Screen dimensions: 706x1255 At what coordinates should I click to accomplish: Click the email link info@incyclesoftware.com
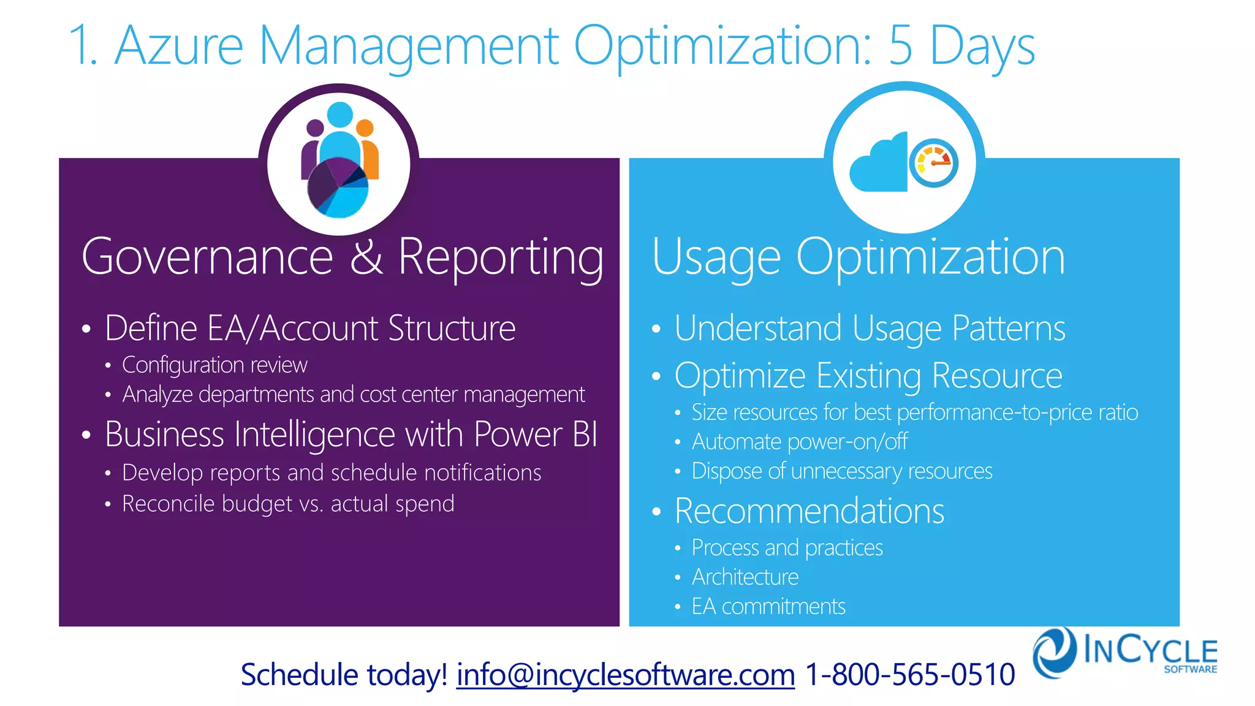[625, 675]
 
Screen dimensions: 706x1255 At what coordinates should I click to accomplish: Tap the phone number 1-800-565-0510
[909, 675]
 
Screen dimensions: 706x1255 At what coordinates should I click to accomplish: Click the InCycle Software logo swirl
[1054, 652]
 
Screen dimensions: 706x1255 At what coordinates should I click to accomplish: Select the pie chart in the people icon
[338, 188]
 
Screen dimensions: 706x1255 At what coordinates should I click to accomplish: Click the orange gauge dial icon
[933, 163]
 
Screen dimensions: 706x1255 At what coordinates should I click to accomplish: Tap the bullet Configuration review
[214, 365]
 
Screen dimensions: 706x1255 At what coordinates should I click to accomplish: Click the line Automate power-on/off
[799, 442]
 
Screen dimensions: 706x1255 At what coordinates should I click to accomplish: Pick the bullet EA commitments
[768, 607]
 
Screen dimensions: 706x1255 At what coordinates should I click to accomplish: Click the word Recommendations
[809, 511]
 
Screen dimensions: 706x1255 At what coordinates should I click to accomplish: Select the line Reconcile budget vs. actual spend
[288, 504]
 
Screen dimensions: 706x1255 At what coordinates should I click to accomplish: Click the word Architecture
[745, 577]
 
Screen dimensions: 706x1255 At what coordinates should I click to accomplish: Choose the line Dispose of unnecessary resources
[841, 471]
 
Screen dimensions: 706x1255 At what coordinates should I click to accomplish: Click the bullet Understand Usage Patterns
[869, 328]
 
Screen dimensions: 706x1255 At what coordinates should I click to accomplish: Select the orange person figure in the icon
[368, 150]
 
